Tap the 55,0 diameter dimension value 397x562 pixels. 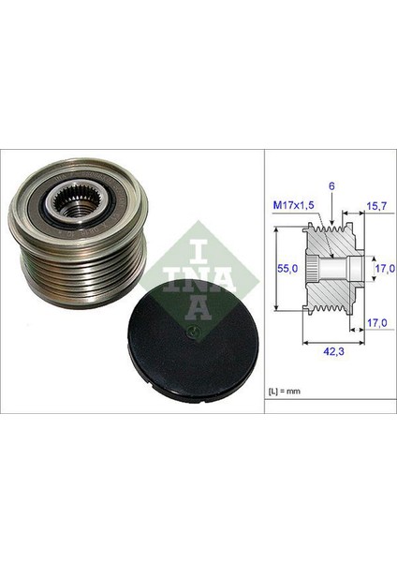click(290, 267)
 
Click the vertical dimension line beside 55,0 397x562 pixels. click(278, 267)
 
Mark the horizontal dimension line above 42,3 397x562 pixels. click(331, 343)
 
